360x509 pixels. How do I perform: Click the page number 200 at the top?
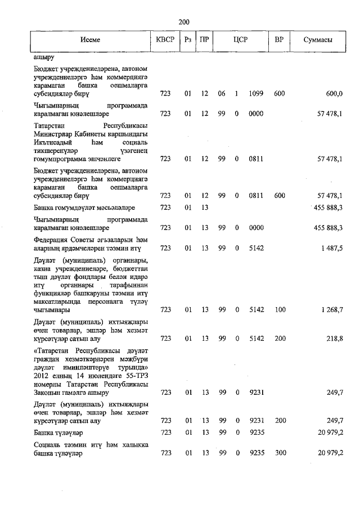click(183, 22)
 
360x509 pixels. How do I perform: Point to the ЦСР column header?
click(241, 40)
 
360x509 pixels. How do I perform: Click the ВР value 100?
click(279, 309)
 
